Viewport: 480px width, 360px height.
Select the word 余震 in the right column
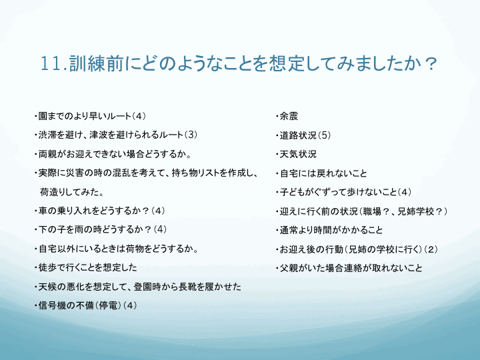tap(289, 116)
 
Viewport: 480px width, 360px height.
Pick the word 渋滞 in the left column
tap(47, 135)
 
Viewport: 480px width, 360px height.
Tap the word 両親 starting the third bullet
tap(47, 154)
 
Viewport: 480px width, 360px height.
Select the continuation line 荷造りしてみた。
tap(72, 192)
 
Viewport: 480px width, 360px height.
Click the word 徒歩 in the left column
tap(47, 267)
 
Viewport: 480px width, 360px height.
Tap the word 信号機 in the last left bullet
tap(52, 305)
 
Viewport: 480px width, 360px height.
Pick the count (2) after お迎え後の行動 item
tap(431, 249)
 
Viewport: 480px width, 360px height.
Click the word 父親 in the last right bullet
tap(289, 269)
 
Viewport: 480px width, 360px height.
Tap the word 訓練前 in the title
tap(96, 63)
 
